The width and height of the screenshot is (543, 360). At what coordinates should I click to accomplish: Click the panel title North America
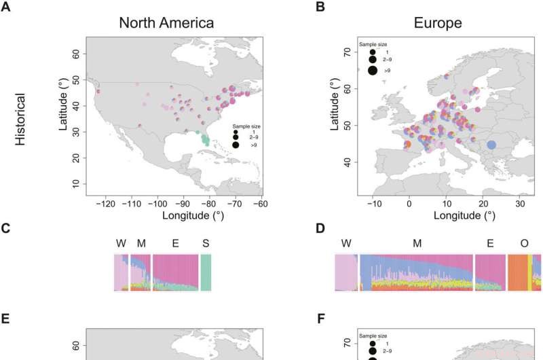point(166,22)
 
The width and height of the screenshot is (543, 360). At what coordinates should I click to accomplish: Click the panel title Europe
point(438,22)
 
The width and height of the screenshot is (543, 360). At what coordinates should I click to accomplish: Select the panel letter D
point(320,229)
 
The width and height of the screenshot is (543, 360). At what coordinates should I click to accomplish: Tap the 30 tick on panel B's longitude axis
point(520,202)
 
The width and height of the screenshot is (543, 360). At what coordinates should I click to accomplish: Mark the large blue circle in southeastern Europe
point(492,145)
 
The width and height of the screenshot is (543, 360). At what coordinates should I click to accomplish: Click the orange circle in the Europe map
point(407,144)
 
